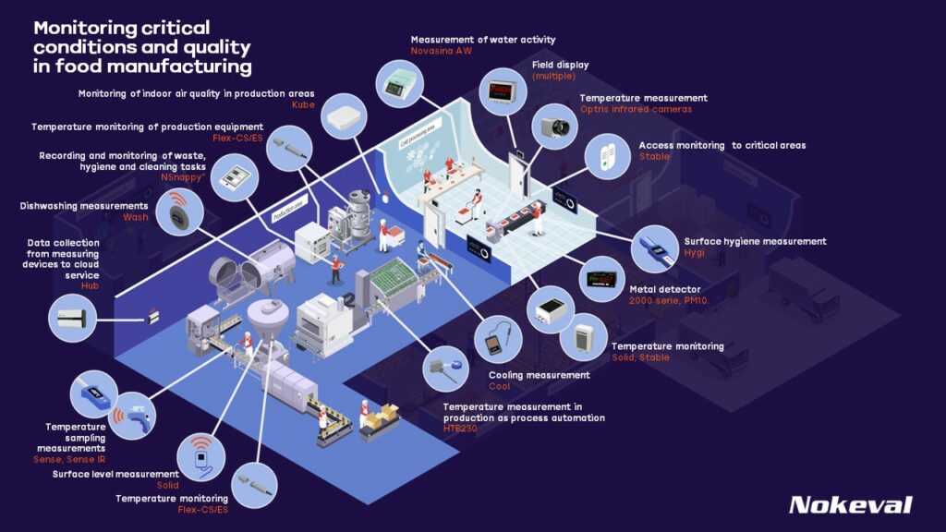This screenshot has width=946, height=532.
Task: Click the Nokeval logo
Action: [850, 504]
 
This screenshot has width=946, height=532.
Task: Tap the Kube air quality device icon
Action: [346, 115]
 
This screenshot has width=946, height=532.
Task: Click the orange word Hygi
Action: [695, 253]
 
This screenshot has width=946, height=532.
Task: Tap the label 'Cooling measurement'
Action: [539, 375]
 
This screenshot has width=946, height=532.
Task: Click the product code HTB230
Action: [460, 429]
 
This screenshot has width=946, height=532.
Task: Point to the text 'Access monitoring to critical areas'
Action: [722, 145]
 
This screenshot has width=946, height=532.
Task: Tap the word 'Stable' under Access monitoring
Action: [654, 157]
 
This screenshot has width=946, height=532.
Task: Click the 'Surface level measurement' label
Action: [115, 474]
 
